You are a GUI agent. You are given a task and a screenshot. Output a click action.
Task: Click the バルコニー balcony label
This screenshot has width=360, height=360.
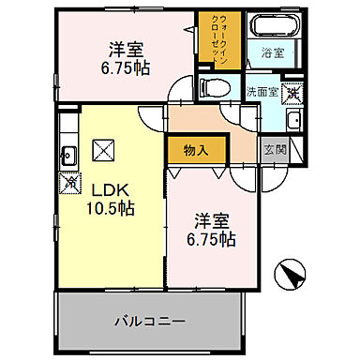[151, 321]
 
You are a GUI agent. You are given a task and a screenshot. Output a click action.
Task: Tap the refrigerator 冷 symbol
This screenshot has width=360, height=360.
[67, 184]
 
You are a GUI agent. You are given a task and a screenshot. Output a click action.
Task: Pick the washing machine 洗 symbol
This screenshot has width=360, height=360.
[293, 92]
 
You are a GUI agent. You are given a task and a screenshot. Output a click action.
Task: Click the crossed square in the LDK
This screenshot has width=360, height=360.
[103, 149]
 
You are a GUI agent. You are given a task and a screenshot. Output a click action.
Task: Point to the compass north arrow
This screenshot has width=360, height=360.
[290, 277]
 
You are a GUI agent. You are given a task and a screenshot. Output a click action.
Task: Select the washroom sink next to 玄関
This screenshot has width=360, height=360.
[291, 120]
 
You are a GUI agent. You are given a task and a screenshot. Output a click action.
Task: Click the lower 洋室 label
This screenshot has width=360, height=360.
[214, 221]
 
